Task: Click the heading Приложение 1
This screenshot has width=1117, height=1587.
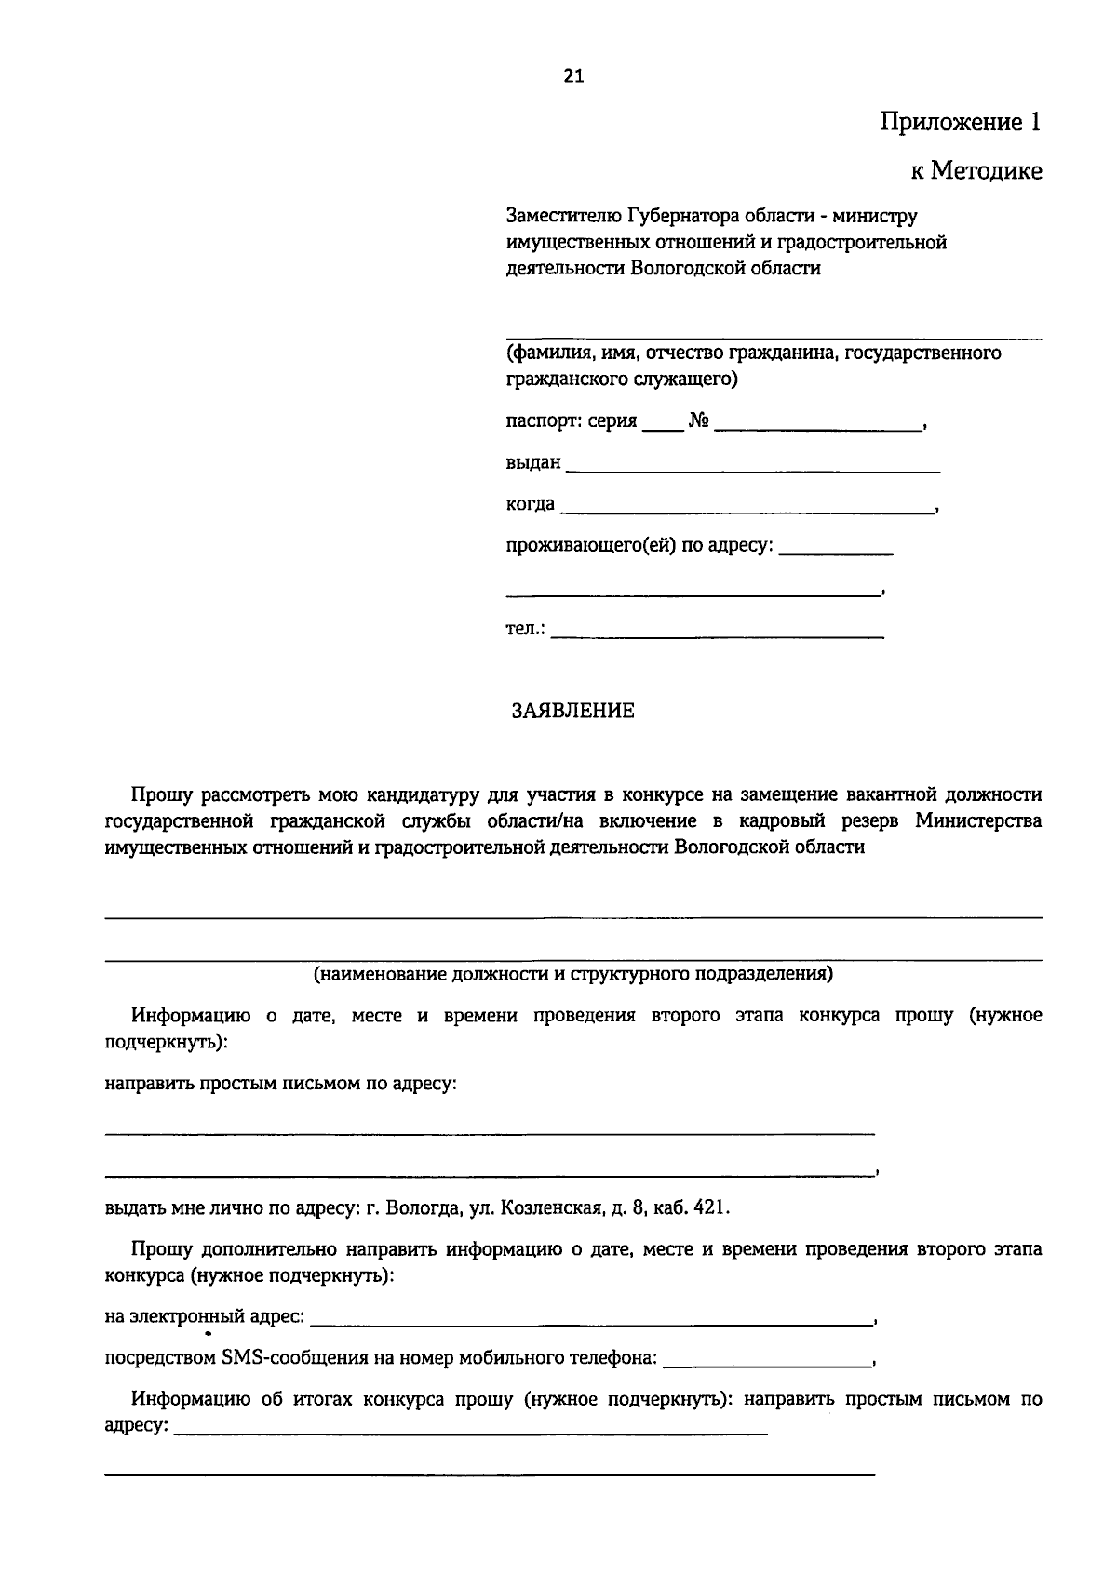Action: tap(961, 123)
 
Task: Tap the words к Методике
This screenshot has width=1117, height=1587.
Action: tap(976, 171)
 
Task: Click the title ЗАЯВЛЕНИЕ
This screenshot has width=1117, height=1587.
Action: tap(572, 712)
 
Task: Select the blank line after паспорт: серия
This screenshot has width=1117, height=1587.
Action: tap(662, 428)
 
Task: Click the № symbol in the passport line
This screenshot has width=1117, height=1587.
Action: tap(699, 422)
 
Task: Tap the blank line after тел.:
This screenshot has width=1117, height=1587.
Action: tap(717, 635)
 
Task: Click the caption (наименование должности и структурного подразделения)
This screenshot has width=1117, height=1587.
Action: tap(572, 974)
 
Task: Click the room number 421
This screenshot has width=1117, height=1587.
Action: tap(711, 1208)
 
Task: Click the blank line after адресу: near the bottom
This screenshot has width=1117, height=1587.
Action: tap(470, 1433)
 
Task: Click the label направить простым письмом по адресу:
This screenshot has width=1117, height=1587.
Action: tap(280, 1084)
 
